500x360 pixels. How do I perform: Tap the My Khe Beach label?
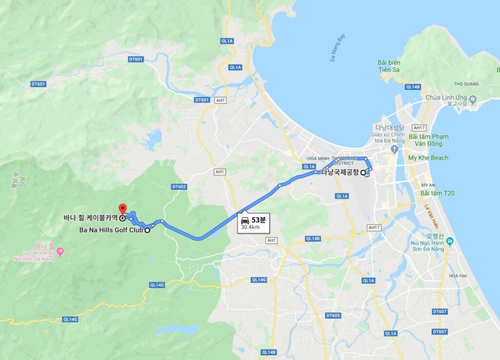pos(428,158)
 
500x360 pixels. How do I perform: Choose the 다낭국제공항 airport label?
pos(340,172)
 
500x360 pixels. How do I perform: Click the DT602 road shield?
pos(179,187)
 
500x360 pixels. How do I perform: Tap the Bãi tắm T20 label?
pos(437,193)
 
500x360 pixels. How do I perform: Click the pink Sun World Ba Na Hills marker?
pos(61,251)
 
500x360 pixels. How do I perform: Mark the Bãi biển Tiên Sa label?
pos(389,66)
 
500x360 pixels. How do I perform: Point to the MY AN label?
pos(428,185)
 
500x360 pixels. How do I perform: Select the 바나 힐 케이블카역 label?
pos(90,218)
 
